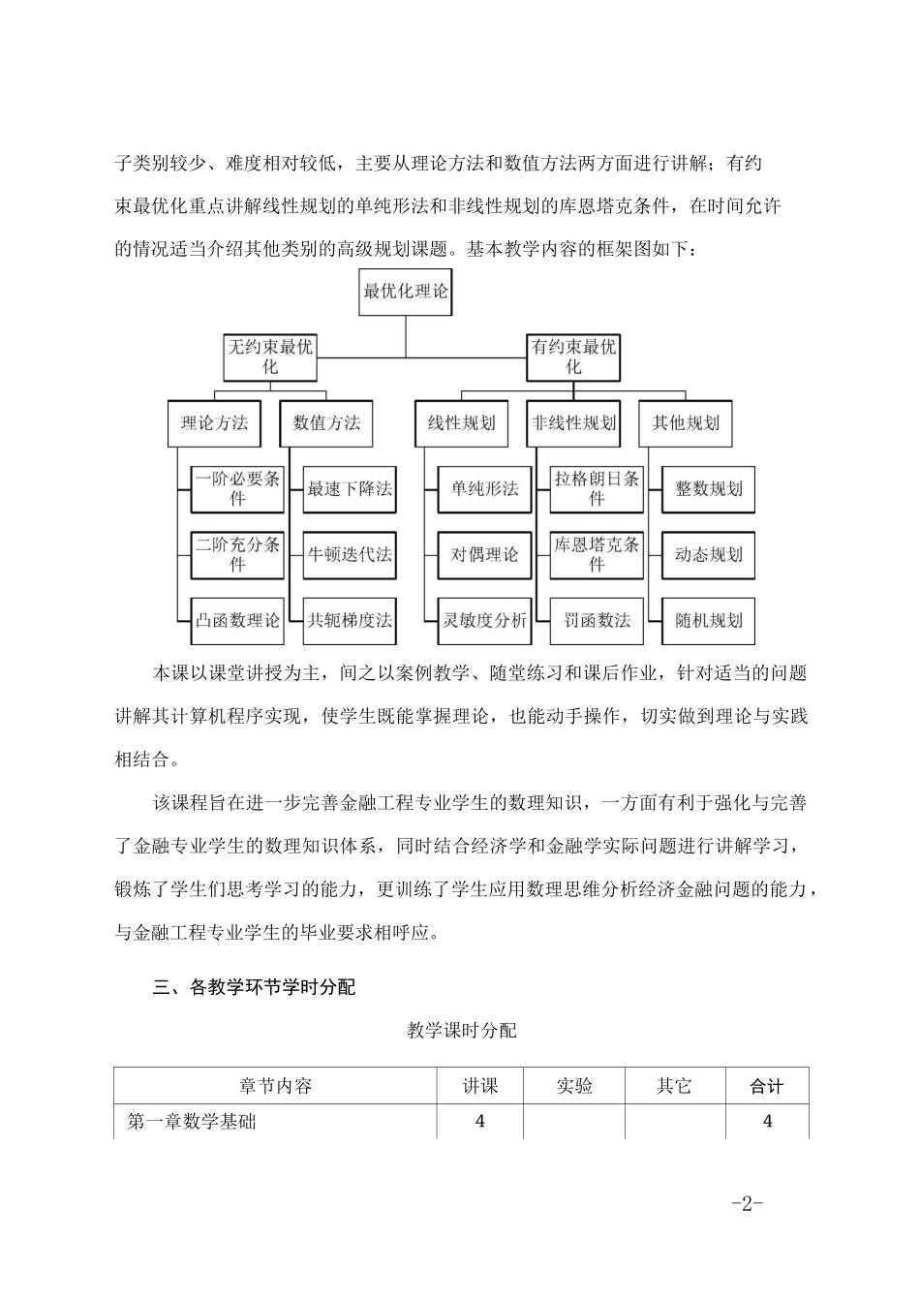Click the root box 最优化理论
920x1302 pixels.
coord(405,291)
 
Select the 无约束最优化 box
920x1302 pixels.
coord(270,356)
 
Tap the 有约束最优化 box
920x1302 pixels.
coord(573,356)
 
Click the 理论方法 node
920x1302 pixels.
coord(215,422)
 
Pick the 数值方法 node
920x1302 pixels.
coord(326,422)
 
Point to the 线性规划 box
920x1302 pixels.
coord(462,422)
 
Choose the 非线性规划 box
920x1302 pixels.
coord(573,422)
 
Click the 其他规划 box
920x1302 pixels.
coord(686,422)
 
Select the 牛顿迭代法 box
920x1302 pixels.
coord(350,555)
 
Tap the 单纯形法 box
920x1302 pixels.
coord(484,488)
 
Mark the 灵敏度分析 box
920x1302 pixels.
coord(484,620)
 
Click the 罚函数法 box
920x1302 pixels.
coord(597,620)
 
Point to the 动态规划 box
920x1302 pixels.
coord(709,555)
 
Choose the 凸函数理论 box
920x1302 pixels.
coord(237,620)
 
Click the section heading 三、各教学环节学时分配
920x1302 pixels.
coord(255,987)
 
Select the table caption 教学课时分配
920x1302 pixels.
coord(462,1031)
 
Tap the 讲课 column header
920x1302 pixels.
coord(480,1086)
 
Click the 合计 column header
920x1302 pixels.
coord(767,1086)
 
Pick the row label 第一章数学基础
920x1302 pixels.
coord(192,1122)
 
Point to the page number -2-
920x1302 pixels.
coord(748,1203)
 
